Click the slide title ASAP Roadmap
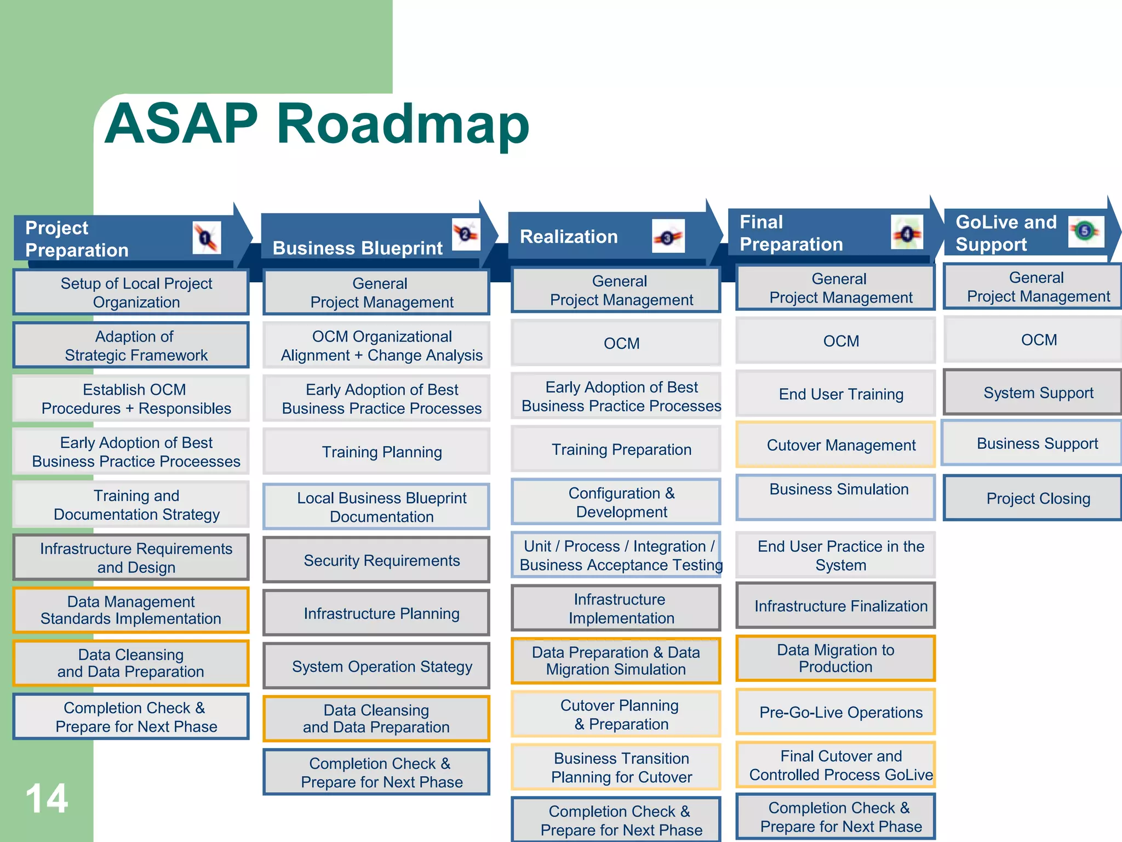tap(317, 124)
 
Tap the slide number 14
tap(47, 798)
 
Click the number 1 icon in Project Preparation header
tap(207, 238)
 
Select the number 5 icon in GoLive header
tap(1085, 231)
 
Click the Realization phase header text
tap(569, 237)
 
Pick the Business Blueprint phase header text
tap(357, 248)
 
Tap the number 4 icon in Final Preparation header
tap(907, 234)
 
